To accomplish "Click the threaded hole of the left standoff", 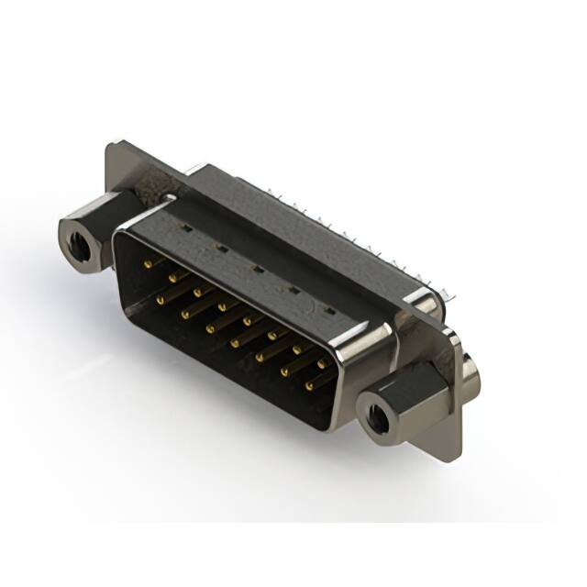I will pyautogui.click(x=79, y=245).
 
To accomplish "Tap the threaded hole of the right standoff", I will pyautogui.click(x=376, y=420).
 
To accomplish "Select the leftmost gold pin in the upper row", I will pyautogui.click(x=148, y=263).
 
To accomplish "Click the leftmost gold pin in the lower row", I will pyautogui.click(x=160, y=299).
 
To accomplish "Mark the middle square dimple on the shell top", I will pyautogui.click(x=258, y=269).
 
